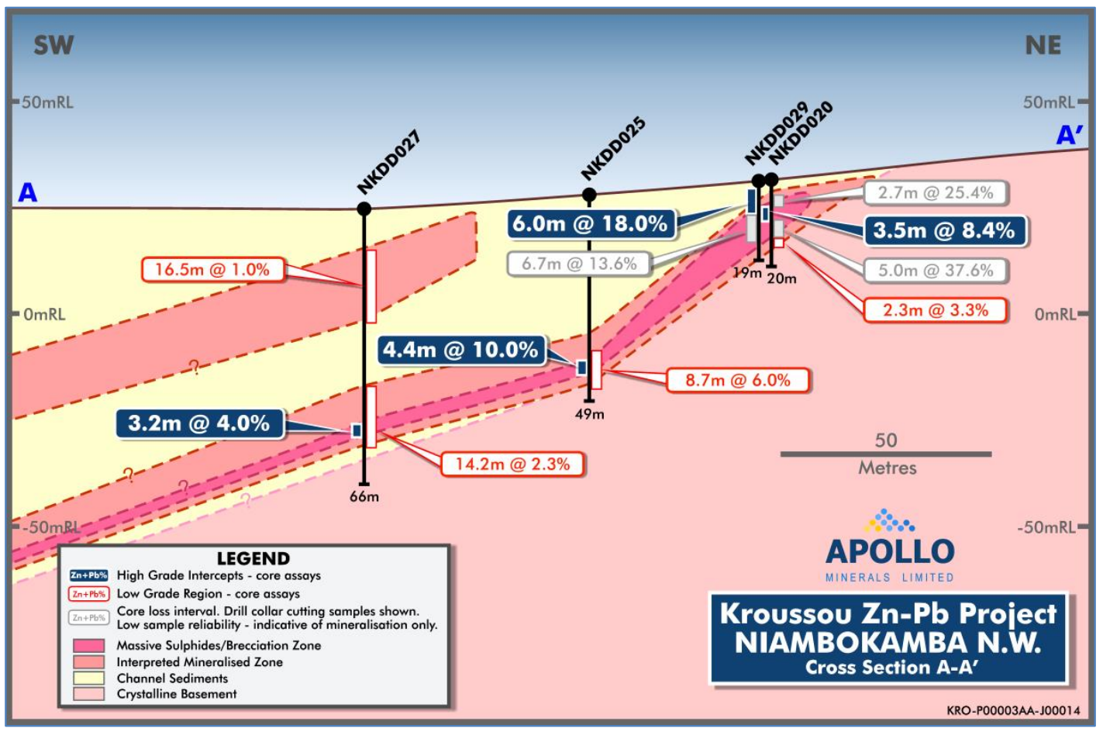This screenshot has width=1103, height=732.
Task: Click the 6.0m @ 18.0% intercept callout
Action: tap(590, 224)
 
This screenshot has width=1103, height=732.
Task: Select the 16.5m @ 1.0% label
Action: tap(212, 270)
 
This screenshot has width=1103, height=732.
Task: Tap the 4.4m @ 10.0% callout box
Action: tap(460, 350)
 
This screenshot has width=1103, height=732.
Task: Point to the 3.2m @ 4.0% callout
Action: tap(199, 423)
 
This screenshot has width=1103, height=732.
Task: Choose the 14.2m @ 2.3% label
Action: tap(512, 464)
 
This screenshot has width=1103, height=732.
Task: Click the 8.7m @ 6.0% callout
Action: tap(738, 380)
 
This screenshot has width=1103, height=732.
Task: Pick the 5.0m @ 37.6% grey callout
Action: tap(936, 271)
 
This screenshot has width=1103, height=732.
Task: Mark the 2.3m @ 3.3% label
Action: tap(936, 310)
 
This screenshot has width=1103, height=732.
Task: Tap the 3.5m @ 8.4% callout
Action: tap(944, 230)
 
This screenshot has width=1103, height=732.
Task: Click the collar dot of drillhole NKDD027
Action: tap(364, 209)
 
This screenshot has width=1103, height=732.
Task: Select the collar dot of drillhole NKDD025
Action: tap(589, 195)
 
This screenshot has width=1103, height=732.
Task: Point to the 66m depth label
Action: tap(364, 496)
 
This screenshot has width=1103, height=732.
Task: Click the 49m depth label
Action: tap(589, 414)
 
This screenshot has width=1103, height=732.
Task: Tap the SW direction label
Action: tap(53, 46)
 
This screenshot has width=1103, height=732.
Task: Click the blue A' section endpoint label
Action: tap(1070, 136)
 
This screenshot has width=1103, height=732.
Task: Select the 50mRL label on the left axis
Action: tap(47, 102)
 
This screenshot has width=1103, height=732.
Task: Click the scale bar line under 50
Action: tap(885, 454)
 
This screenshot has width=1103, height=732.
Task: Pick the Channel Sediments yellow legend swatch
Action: tap(89, 678)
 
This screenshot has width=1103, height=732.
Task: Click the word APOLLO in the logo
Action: tap(890, 551)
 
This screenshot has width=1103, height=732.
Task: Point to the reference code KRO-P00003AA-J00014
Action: tap(1013, 710)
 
